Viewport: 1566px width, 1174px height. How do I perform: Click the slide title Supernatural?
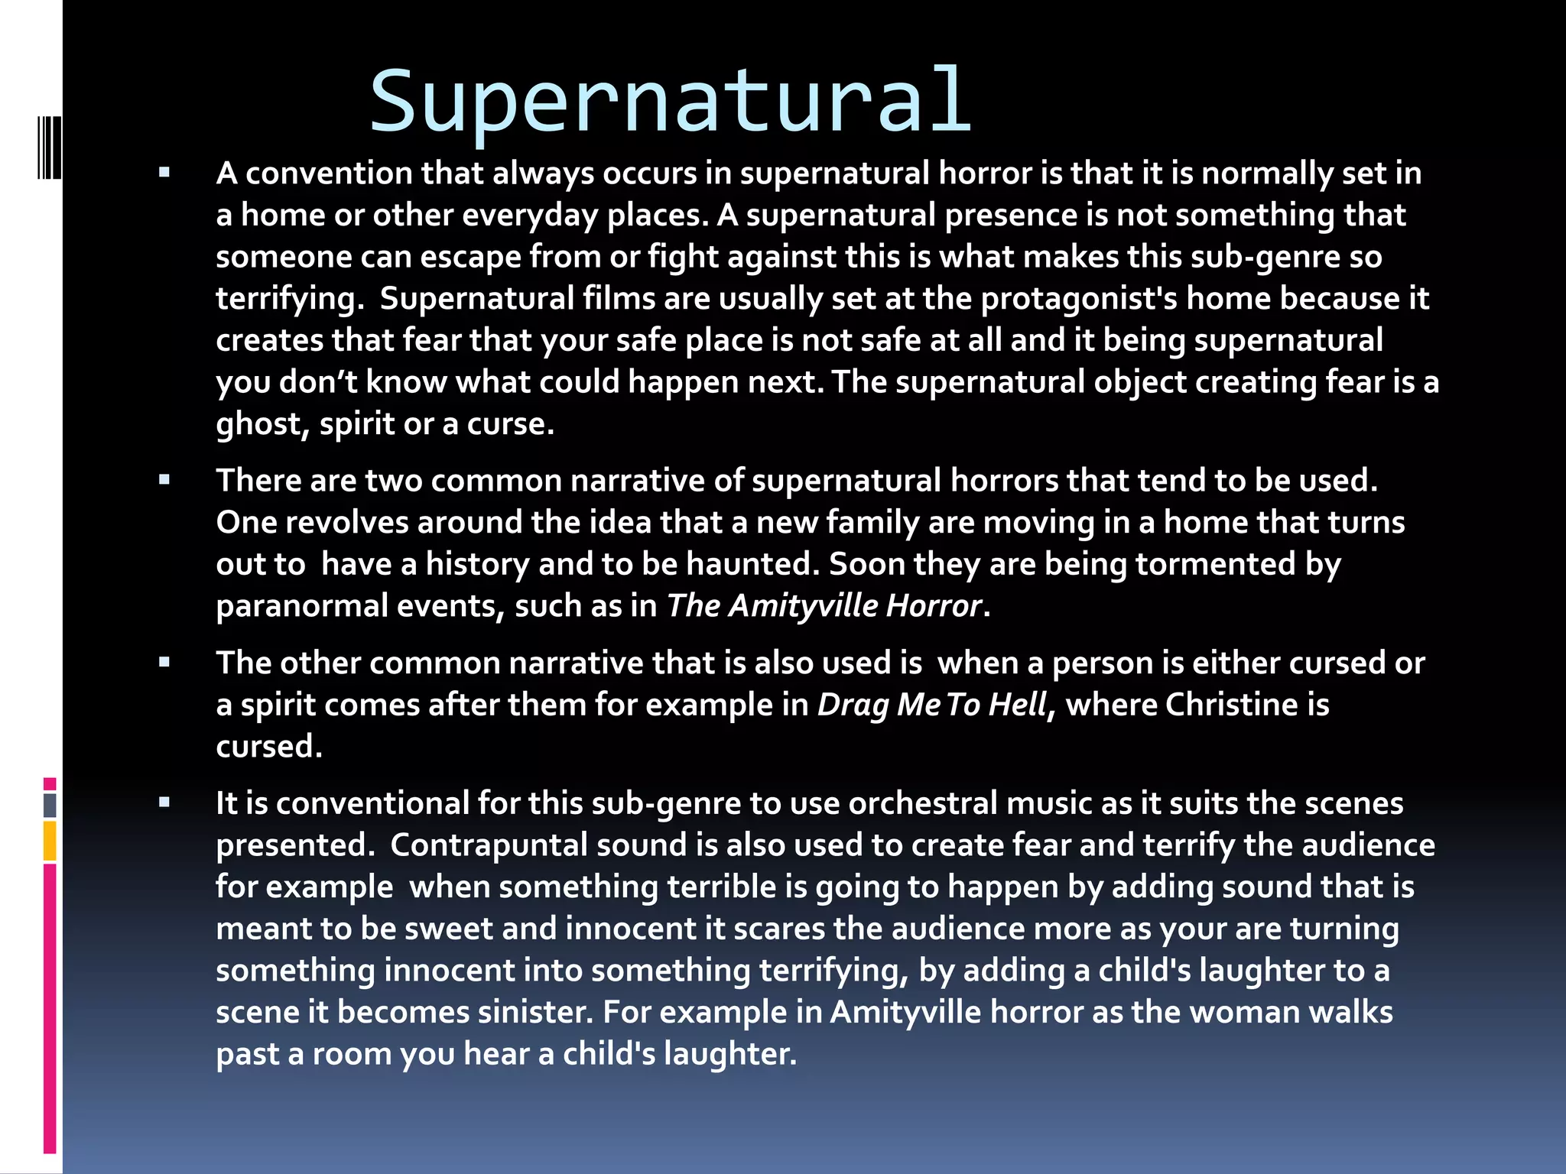[670, 101]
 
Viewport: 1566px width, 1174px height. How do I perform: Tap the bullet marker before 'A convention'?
[164, 173]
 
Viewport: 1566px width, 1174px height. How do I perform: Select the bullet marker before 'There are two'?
[164, 480]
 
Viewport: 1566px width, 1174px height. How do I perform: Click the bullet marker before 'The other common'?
[164, 663]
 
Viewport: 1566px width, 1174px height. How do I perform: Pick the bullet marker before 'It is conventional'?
[164, 803]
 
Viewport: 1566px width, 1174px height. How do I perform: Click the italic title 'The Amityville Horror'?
[824, 606]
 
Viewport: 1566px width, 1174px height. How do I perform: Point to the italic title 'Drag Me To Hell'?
[931, 705]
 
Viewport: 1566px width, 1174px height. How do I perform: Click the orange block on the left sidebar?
[50, 841]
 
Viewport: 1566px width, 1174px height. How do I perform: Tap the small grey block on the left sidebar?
[50, 805]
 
